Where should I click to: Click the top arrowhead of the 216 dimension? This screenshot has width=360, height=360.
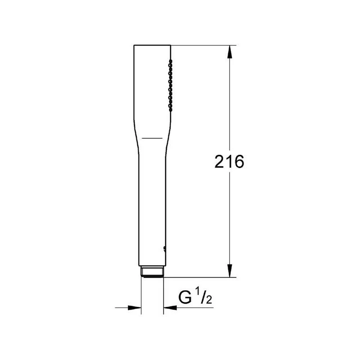tap(230, 51)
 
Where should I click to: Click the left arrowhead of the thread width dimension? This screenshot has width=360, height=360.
tap(135, 308)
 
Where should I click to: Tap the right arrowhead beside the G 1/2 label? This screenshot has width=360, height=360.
tap(170, 308)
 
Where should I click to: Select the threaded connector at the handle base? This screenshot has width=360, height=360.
tap(152, 273)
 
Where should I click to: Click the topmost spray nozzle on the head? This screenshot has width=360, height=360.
tap(170, 61)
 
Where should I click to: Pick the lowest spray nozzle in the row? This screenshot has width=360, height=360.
tap(170, 109)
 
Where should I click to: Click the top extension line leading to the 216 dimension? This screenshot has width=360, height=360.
tap(202, 45)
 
